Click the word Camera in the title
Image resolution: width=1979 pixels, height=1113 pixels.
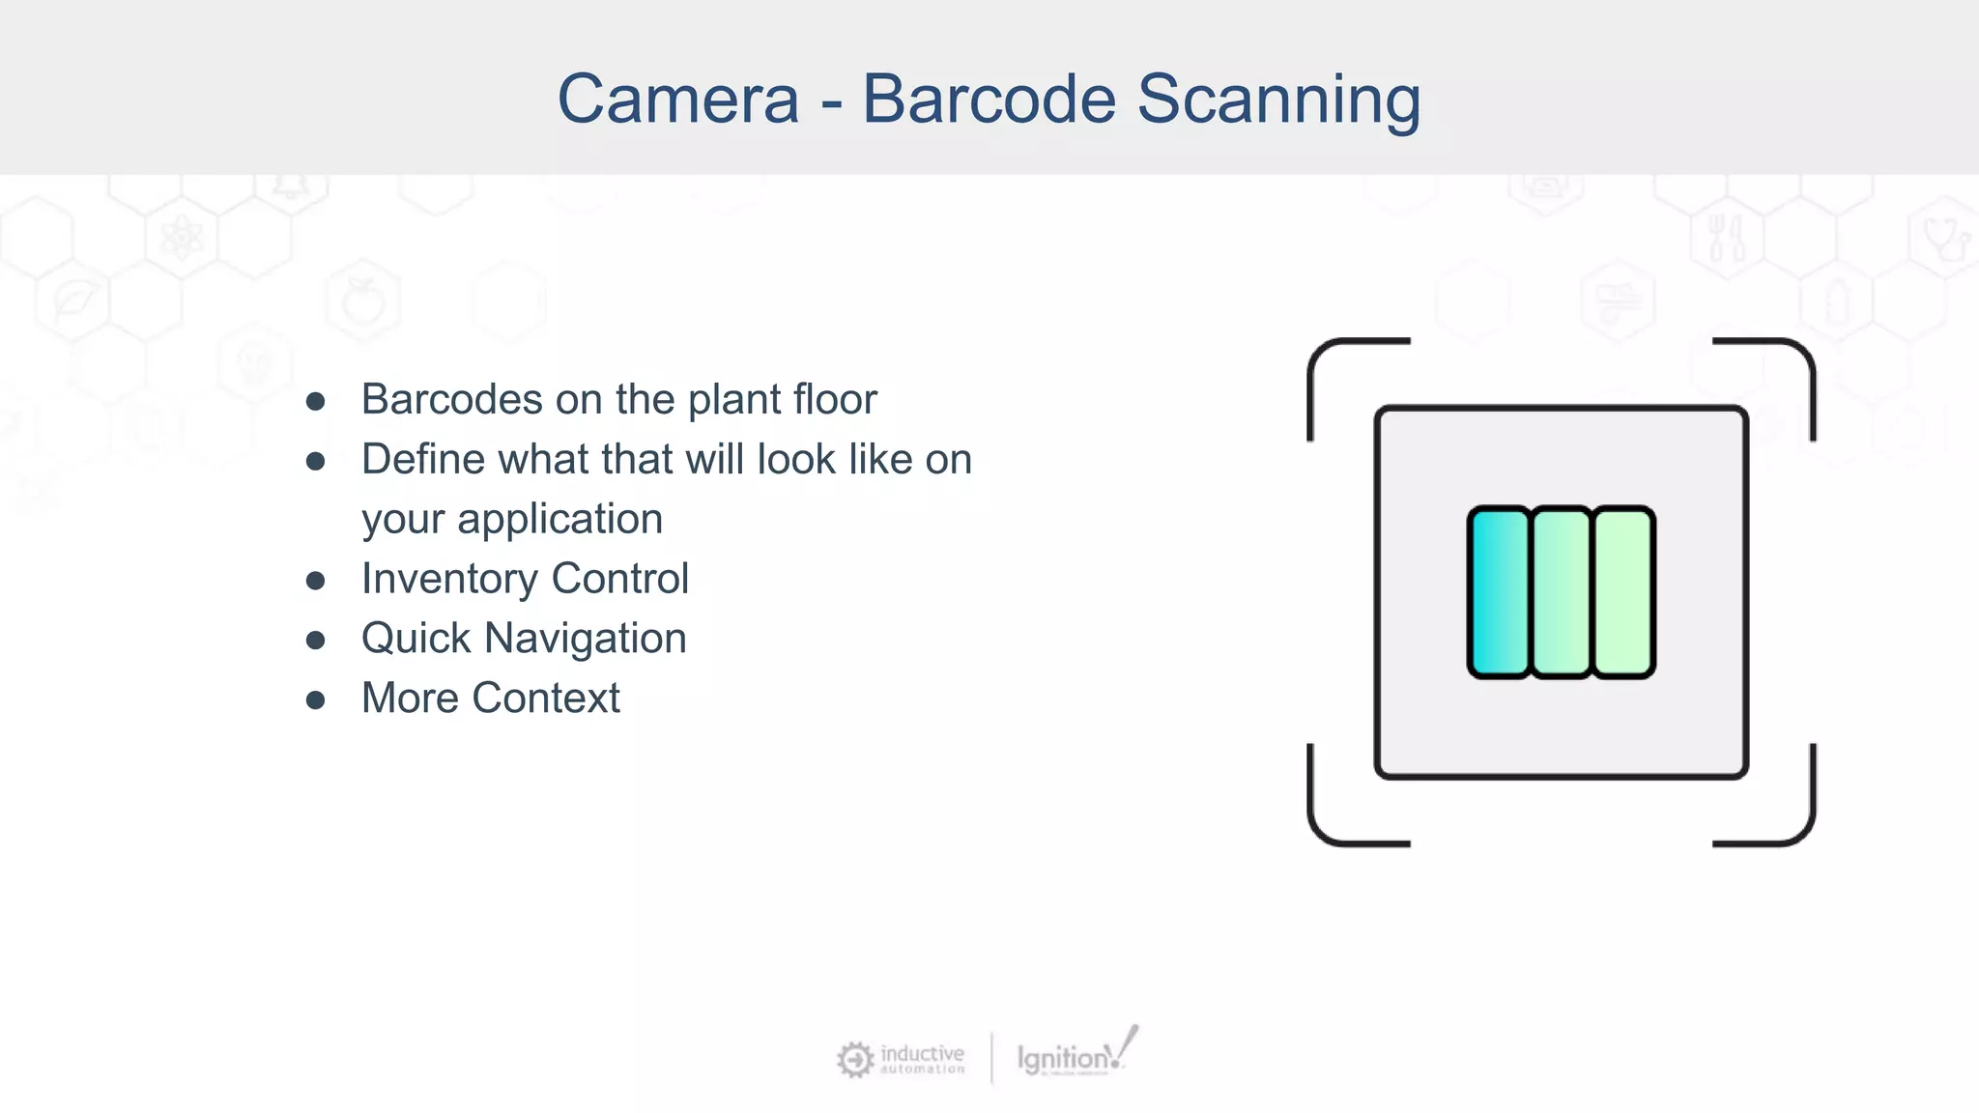678,100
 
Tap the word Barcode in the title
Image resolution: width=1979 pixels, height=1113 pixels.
989,100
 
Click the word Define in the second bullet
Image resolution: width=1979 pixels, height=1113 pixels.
422,459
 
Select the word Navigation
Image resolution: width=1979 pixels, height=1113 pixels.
586,639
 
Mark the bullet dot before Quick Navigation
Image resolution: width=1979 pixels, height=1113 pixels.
315,640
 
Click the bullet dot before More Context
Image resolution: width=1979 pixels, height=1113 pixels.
315,699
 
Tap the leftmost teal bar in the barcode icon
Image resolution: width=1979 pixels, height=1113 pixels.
1499,591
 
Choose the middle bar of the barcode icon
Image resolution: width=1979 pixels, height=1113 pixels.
1561,591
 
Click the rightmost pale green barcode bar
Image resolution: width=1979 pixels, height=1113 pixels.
1623,591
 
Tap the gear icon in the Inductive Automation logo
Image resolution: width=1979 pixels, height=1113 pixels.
854,1060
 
